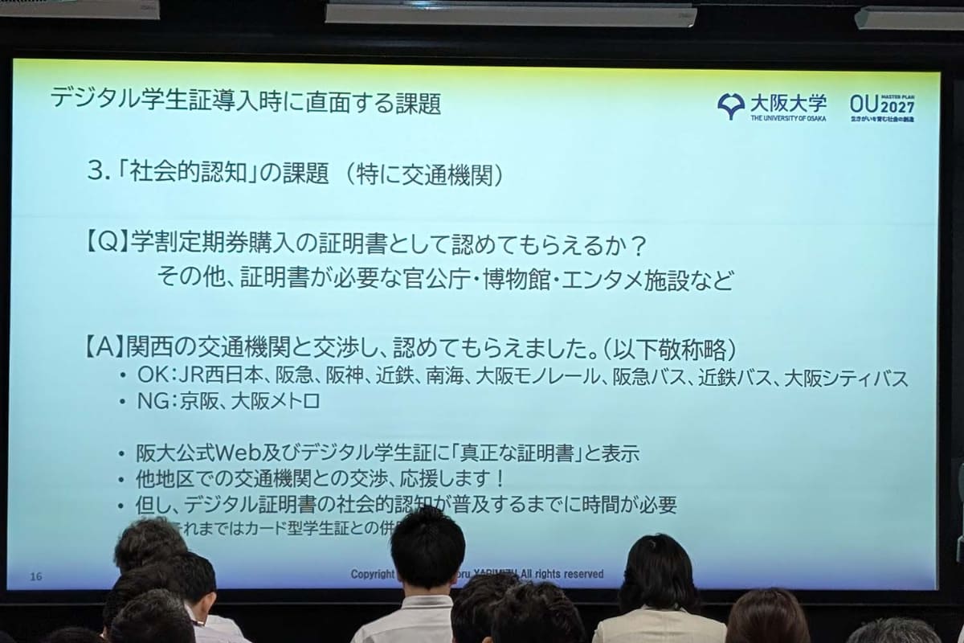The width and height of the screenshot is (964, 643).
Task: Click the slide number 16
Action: [35, 575]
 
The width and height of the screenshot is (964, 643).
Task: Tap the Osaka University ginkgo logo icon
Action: [730, 105]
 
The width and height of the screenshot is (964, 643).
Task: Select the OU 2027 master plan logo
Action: [881, 106]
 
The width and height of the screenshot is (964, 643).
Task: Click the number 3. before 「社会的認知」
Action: [99, 174]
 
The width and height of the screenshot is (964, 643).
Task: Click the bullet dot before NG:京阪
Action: [122, 402]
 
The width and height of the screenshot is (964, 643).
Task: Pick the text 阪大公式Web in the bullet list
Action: [196, 453]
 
